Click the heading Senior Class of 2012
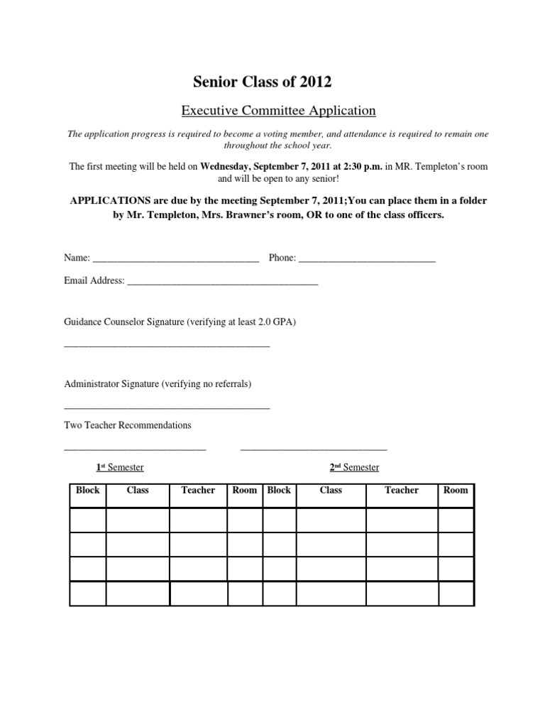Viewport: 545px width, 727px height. click(x=263, y=82)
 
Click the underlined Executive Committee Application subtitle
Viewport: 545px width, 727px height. click(x=277, y=110)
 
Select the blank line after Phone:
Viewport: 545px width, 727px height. click(x=367, y=261)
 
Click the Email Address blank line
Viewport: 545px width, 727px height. click(x=222, y=284)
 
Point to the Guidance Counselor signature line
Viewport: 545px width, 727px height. click(x=167, y=346)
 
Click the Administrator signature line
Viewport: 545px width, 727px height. click(x=167, y=408)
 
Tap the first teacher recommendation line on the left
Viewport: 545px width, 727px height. click(x=135, y=449)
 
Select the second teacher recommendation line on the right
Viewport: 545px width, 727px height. click(x=314, y=449)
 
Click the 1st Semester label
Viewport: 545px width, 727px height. click(x=120, y=467)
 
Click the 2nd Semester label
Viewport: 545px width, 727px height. click(x=354, y=467)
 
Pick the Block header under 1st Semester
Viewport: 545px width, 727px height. click(x=88, y=491)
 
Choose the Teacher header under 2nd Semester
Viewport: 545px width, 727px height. click(x=402, y=491)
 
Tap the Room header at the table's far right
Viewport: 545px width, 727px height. click(x=456, y=491)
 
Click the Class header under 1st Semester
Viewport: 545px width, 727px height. click(x=138, y=491)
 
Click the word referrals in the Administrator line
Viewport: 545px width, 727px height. click(x=228, y=384)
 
